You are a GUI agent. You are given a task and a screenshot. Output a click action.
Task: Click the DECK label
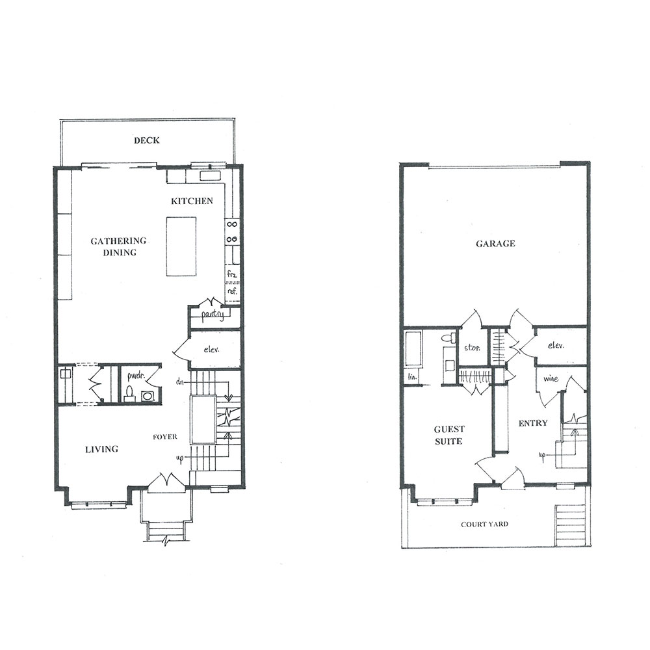click(x=147, y=140)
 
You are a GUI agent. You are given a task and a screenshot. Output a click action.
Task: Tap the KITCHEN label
click(x=192, y=201)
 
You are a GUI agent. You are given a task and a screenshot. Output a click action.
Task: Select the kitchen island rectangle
click(x=181, y=246)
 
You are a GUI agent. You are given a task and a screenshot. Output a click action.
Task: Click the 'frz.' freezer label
click(x=231, y=274)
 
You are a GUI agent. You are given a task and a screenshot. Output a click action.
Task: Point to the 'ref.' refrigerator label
click(x=232, y=291)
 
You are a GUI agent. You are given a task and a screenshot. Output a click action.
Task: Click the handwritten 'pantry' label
click(x=213, y=315)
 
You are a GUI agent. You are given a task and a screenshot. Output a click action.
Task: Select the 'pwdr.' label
click(x=136, y=377)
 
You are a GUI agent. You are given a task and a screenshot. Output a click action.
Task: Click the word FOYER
click(x=164, y=437)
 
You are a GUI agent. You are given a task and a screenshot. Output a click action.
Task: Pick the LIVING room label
click(x=101, y=449)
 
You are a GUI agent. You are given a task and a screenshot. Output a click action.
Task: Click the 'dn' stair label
click(x=179, y=382)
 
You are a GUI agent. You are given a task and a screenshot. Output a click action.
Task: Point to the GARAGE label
click(x=495, y=244)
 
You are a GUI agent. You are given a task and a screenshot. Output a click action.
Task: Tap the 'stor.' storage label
click(x=472, y=347)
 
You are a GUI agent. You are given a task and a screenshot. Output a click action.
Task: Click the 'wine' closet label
click(x=551, y=378)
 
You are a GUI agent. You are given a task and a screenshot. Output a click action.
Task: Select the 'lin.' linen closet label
click(x=412, y=377)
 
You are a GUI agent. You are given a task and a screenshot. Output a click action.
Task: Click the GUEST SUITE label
click(x=449, y=435)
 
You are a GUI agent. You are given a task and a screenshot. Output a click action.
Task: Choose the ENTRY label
click(x=533, y=423)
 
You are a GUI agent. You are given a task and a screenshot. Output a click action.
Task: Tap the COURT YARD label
click(x=485, y=524)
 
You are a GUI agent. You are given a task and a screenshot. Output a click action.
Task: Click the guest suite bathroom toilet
click(x=447, y=337)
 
